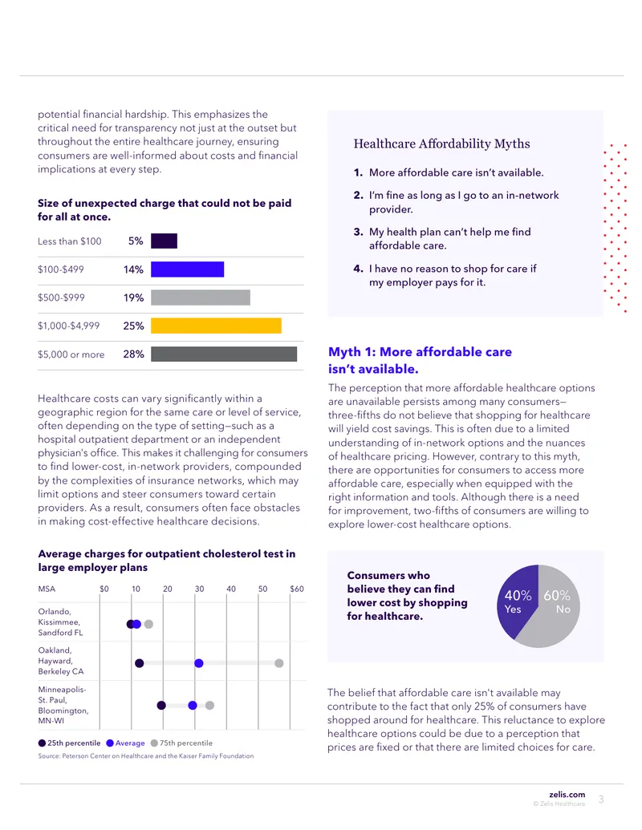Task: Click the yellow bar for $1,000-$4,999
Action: click(216, 326)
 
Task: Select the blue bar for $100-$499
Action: click(188, 269)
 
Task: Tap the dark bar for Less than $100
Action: click(165, 241)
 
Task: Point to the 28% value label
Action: click(133, 354)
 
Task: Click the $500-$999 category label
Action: click(61, 298)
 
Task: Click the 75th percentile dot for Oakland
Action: click(279, 663)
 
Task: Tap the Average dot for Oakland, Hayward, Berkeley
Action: click(199, 663)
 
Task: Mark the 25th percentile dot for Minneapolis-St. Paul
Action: click(161, 705)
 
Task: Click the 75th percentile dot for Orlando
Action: click(148, 624)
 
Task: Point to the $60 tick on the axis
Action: click(297, 589)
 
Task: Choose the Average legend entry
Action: click(125, 743)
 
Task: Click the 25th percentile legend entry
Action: click(69, 743)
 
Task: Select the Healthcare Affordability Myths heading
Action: click(441, 144)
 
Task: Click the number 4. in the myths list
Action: click(358, 269)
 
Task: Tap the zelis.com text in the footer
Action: click(567, 794)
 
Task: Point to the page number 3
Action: click(601, 800)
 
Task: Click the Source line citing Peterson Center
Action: click(146, 756)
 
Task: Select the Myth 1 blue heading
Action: click(420, 361)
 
